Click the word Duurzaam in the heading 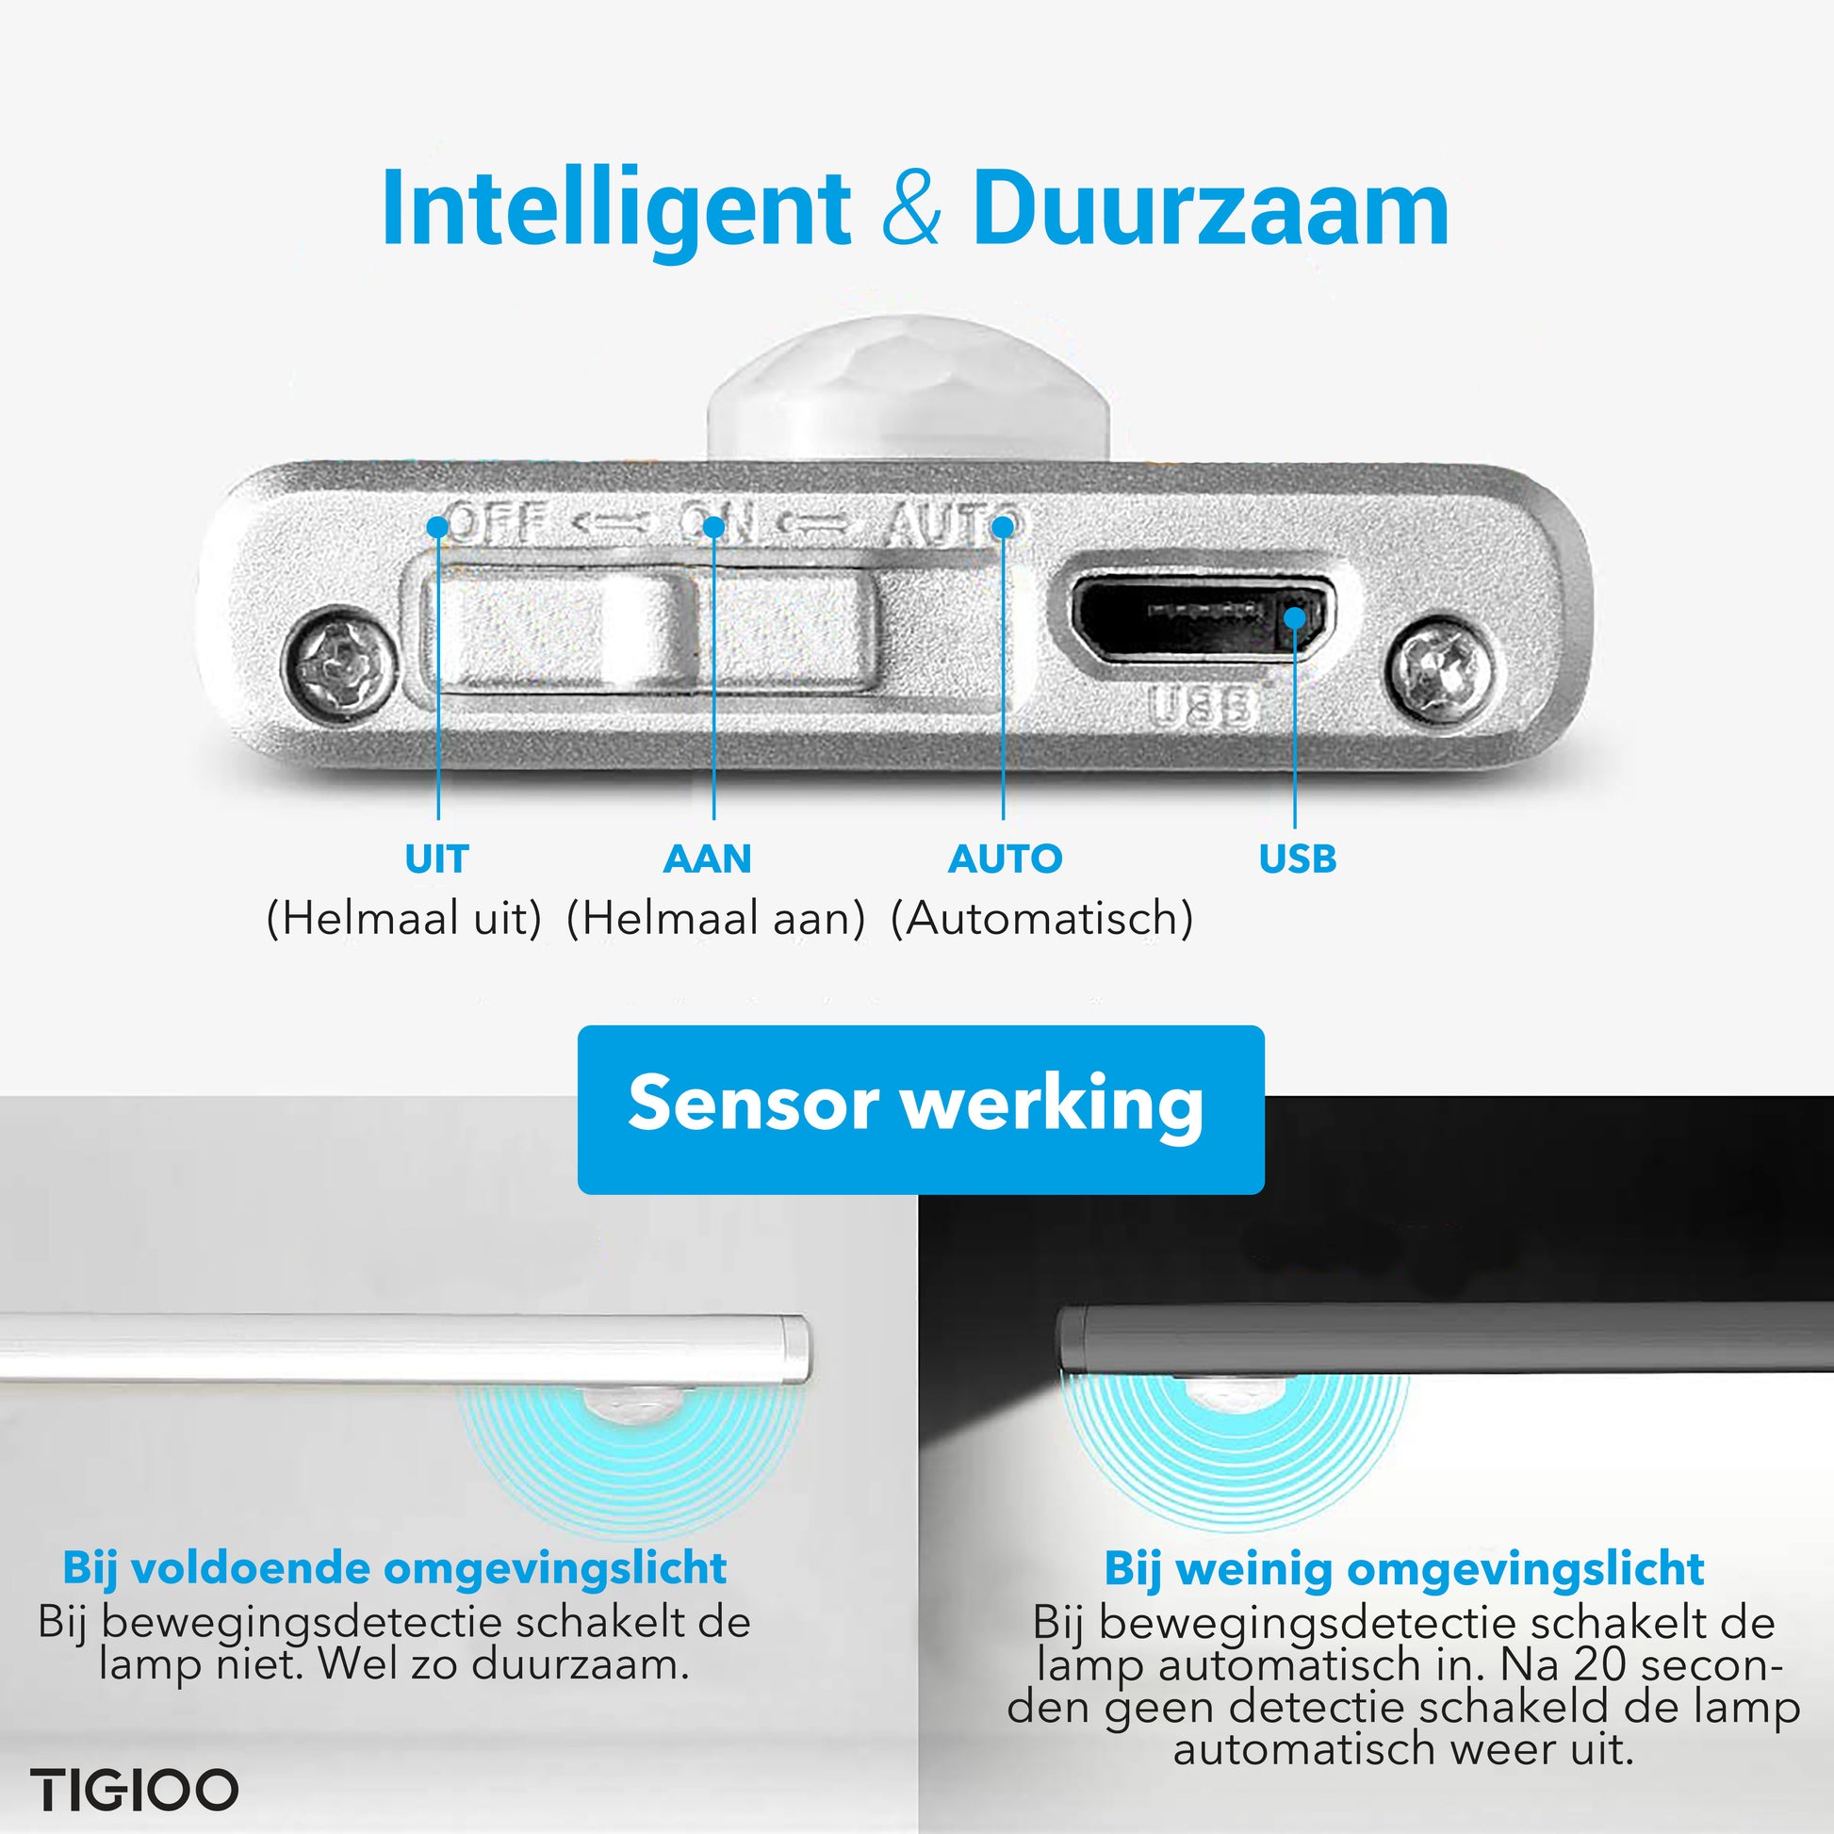tap(1210, 207)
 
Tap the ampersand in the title tap(911, 208)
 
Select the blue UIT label tap(436, 860)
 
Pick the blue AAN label tap(707, 860)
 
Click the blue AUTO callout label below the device tap(1006, 860)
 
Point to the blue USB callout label tap(1298, 860)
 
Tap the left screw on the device tap(340, 662)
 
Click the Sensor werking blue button tap(921, 1109)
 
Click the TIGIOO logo tap(134, 1791)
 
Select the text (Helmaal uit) tap(404, 919)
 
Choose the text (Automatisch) tap(1042, 919)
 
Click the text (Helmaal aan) tap(715, 919)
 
